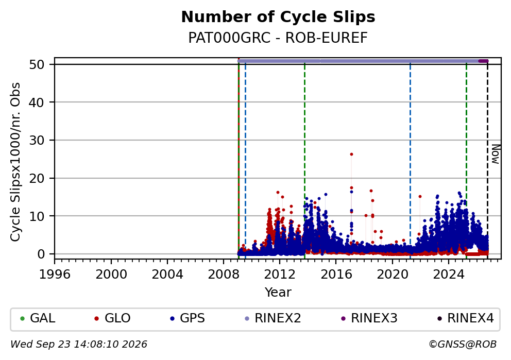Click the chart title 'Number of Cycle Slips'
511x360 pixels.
coord(278,17)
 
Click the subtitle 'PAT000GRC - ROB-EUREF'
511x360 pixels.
coord(278,38)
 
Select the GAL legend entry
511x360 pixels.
coord(38,318)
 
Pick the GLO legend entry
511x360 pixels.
coord(112,318)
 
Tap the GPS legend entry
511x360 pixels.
coord(188,318)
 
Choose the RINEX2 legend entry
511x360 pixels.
coord(273,318)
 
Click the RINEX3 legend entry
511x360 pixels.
coord(369,318)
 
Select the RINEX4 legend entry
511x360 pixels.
coord(466,318)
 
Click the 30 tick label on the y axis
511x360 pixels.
coord(37,141)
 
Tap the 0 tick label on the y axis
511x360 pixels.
coord(41,254)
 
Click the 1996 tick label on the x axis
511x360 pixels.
coord(55,275)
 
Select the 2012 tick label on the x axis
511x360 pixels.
coord(280,275)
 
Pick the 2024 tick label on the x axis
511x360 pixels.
coord(449,275)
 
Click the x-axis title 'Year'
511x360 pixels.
coord(278,292)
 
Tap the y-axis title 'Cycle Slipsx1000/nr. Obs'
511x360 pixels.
coord(15,162)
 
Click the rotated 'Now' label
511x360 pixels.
coord(496,154)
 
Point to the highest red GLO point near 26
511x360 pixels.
coord(351,155)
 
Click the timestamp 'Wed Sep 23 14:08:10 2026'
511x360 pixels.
coord(79,345)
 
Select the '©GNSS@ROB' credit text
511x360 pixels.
coord(463,345)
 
